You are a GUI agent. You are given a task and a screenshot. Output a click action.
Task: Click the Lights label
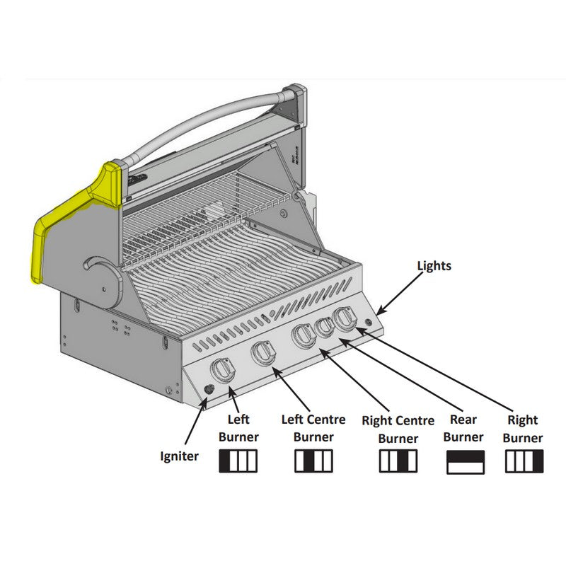tap(434, 266)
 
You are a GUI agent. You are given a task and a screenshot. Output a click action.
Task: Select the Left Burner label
tap(238, 428)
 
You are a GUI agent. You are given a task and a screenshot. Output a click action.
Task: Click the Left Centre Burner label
tap(313, 428)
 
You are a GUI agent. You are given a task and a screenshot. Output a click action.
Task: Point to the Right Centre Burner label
tap(398, 429)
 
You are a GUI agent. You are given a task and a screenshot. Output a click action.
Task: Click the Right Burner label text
tap(523, 429)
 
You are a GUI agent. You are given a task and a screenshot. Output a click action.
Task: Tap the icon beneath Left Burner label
tap(238, 461)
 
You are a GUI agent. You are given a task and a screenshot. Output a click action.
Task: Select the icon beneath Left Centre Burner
tap(313, 461)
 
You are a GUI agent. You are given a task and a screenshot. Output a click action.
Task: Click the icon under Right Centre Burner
tap(398, 461)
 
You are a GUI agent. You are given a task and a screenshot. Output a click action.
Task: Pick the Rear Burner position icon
tap(466, 462)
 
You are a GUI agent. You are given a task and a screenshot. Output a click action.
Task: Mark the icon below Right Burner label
tap(524, 461)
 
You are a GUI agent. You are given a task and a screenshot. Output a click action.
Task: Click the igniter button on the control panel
tap(209, 391)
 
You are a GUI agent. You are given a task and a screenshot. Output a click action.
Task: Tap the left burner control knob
tap(224, 370)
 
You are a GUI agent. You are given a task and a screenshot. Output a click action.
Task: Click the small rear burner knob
tap(324, 327)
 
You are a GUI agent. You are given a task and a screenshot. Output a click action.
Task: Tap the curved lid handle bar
tap(205, 124)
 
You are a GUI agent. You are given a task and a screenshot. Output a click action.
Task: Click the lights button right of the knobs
tap(369, 323)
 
